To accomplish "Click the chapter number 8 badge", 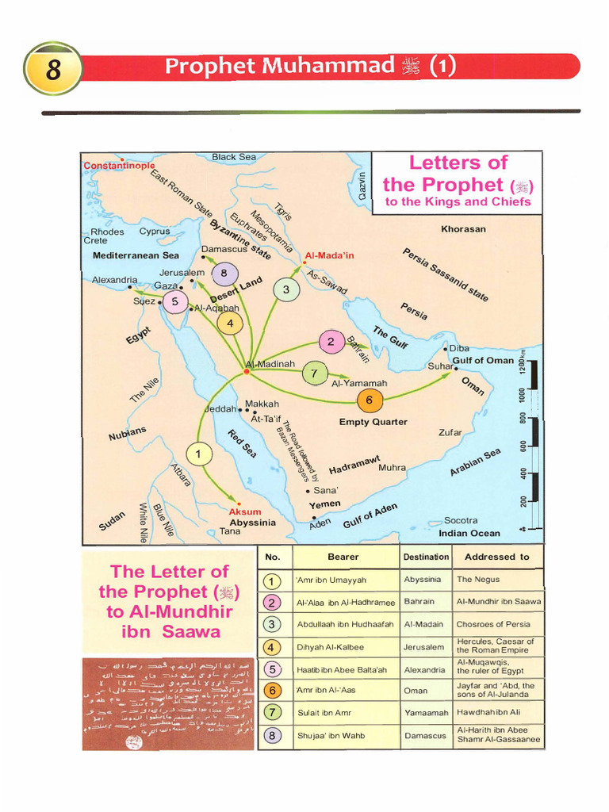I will click(54, 68).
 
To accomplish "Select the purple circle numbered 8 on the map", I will click(224, 274).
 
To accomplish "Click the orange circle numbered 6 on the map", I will click(369, 400).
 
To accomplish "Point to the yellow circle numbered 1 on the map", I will click(199, 454).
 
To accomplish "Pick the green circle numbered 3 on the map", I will click(285, 290).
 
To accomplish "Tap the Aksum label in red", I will click(245, 511).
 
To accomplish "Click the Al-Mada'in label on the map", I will click(329, 256).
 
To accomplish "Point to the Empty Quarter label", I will click(373, 422).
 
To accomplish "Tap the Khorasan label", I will click(463, 229).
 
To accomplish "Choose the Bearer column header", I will click(343, 557).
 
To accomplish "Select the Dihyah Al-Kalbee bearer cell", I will click(331, 647).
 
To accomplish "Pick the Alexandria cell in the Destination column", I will click(425, 669).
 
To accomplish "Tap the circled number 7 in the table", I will click(273, 713).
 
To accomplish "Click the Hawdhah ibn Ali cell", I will click(488, 713).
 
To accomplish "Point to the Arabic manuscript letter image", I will click(168, 703).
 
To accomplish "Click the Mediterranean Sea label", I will click(136, 255).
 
